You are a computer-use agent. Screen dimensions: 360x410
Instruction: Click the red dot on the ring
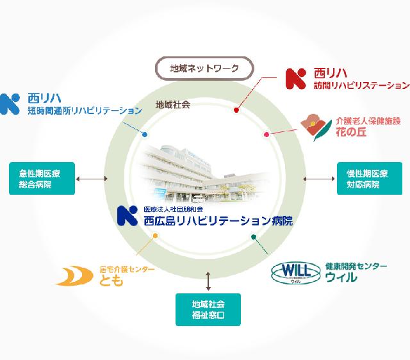(x=236, y=111)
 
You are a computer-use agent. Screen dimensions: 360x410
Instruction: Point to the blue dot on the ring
(x=145, y=135)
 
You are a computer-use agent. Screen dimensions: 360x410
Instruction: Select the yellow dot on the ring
(x=155, y=235)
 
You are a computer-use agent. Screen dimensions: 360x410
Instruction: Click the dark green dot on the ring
(x=254, y=236)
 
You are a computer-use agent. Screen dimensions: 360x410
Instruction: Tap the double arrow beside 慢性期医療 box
(x=315, y=179)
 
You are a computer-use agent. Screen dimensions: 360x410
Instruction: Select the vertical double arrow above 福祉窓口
(x=208, y=280)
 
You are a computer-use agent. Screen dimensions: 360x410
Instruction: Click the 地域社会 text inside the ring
(x=172, y=103)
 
